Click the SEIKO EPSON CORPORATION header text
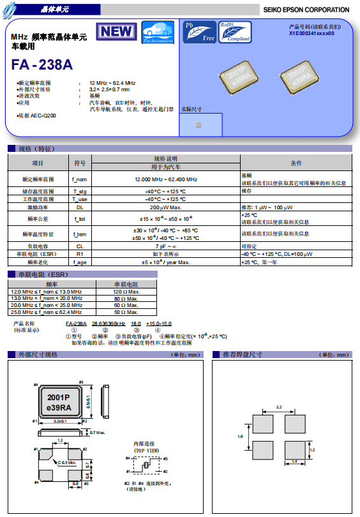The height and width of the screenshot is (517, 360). (x=306, y=10)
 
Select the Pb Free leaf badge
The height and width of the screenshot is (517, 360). (x=199, y=31)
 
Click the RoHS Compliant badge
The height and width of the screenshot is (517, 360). (x=234, y=31)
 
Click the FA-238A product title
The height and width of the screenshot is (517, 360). (x=42, y=65)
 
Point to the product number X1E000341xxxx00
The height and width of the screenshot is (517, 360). (x=311, y=33)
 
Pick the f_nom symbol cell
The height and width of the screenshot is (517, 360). (x=80, y=180)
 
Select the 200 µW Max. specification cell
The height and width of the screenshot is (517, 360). (x=166, y=207)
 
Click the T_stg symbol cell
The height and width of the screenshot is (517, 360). (x=80, y=191)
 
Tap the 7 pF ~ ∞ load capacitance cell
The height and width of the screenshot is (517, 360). (x=166, y=246)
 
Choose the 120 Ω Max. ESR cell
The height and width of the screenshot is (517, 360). (x=126, y=292)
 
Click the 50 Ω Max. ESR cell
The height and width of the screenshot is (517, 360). (x=126, y=313)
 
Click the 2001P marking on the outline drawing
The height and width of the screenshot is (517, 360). (x=59, y=396)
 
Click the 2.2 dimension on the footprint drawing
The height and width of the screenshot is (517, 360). (x=279, y=407)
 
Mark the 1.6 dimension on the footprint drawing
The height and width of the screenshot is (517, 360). (x=240, y=437)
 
